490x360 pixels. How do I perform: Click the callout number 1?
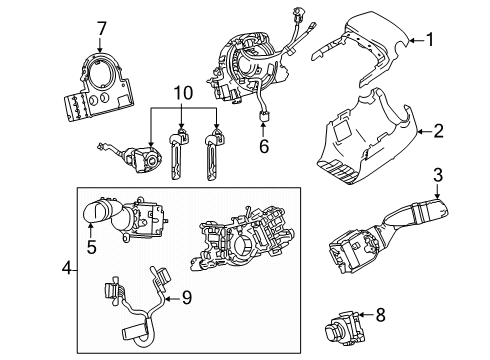click(431, 40)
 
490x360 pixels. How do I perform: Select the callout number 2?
click(438, 131)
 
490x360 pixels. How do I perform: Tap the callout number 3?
click(437, 178)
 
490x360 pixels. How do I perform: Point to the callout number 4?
click(65, 269)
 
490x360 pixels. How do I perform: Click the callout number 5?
click(90, 244)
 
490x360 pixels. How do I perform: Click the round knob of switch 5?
click(97, 212)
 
